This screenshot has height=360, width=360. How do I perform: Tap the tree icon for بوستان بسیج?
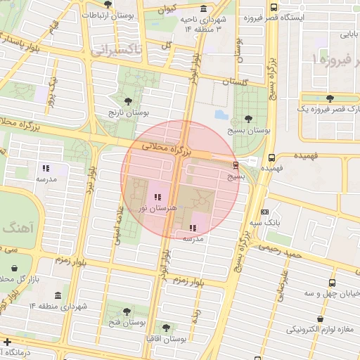tap(247, 119)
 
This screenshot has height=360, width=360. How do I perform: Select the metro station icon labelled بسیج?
tap(236, 166)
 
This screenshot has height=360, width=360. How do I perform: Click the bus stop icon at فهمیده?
tap(271, 158)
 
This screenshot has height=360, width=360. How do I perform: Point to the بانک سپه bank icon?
tap(264, 212)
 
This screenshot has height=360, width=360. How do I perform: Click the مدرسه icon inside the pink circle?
tap(193, 227)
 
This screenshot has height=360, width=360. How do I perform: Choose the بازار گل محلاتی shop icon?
tap(15, 269)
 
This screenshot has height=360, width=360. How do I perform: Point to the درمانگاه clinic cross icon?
tap(7, 342)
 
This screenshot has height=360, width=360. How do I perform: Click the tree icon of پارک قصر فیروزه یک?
tap(330, 98)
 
